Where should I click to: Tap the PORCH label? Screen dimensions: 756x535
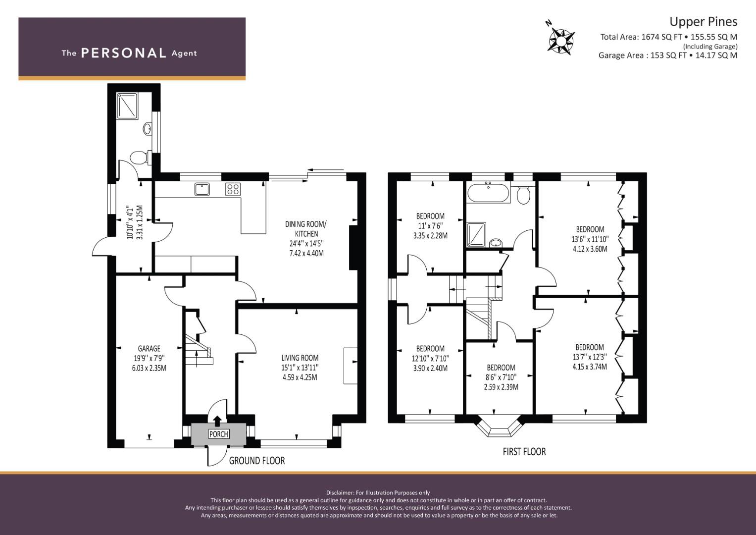tap(219, 434)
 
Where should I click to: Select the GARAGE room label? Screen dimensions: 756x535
tap(149, 348)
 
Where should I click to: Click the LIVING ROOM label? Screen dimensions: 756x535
tap(300, 358)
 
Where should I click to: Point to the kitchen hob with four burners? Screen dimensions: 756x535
tap(233, 189)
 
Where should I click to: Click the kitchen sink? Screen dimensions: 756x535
tap(202, 189)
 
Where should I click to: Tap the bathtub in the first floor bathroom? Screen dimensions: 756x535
tap(488, 192)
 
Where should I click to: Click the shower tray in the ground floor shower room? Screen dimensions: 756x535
tap(128, 106)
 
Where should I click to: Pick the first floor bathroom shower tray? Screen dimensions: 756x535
tap(476, 234)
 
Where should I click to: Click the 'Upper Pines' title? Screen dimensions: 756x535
tap(704, 22)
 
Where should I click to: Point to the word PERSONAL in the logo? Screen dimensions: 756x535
tap(124, 53)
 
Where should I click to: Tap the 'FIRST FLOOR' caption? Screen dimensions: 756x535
tap(524, 452)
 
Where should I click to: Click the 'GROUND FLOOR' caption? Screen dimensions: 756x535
tap(257, 461)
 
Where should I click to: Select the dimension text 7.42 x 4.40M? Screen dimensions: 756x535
tap(306, 253)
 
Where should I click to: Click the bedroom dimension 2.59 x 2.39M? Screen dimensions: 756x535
tap(501, 387)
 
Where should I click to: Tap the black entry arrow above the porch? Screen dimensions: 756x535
tap(218, 421)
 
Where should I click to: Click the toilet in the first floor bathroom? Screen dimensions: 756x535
tap(523, 195)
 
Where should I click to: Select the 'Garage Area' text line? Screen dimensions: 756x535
tap(668, 55)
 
